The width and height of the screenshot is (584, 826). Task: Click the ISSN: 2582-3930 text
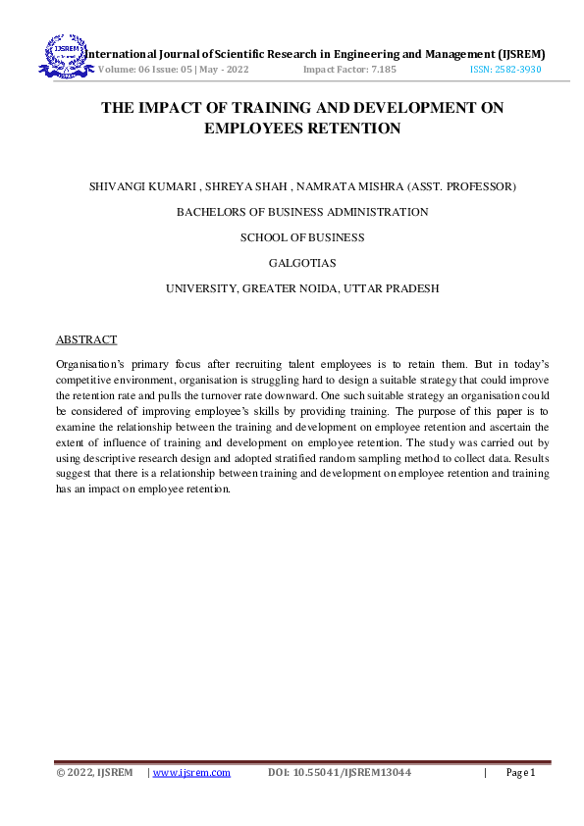tap(504, 71)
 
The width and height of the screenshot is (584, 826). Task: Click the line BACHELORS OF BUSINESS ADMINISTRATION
tap(302, 211)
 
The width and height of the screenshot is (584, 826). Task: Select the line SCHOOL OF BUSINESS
tap(302, 237)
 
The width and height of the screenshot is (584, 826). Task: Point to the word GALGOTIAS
tap(302, 263)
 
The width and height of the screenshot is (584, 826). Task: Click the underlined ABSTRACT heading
tap(85, 339)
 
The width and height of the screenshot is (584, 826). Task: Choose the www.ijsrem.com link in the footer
tap(191, 773)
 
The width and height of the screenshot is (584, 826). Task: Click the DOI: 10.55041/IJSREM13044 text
tap(339, 773)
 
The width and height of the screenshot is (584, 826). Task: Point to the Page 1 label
tap(520, 773)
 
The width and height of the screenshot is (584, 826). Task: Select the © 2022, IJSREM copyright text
tap(94, 773)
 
